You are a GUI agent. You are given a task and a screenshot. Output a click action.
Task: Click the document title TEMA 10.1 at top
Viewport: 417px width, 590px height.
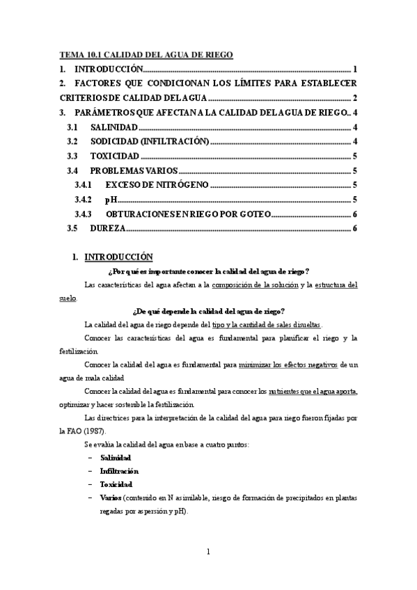[x=145, y=54]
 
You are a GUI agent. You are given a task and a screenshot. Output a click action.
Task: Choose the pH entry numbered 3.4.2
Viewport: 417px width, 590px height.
[x=110, y=200]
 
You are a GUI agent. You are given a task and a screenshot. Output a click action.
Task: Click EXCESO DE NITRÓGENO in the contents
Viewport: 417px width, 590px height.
[x=156, y=185]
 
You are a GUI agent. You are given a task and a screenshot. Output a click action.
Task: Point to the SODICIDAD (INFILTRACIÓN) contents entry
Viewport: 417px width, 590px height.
[x=150, y=142]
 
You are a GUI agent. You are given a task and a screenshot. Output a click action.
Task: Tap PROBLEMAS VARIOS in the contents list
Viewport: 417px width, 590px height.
[x=134, y=171]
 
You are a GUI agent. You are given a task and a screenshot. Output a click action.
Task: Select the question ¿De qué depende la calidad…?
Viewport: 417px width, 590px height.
[x=208, y=311]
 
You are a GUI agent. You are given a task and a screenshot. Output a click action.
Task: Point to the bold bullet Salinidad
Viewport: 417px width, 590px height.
[x=116, y=458]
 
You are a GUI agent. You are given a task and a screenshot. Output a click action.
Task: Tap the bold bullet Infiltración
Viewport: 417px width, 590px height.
[x=119, y=471]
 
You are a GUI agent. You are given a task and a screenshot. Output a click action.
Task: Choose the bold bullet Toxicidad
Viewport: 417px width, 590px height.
[x=116, y=484]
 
